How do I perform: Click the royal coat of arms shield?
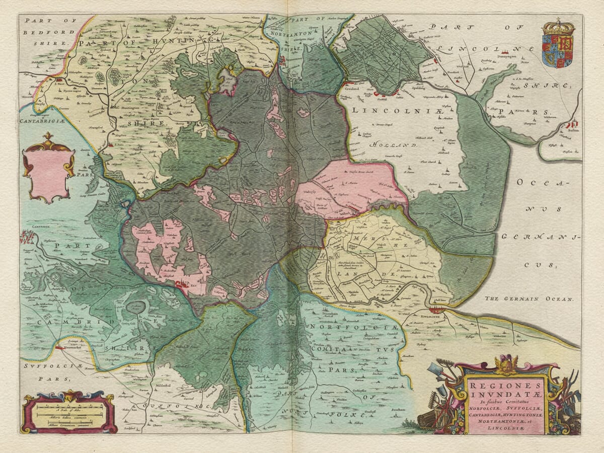pyautogui.click(x=558, y=51)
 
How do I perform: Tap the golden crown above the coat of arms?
pyautogui.click(x=558, y=26)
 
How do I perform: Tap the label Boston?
pyautogui.click(x=573, y=130)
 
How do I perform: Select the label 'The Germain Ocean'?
pyautogui.click(x=529, y=298)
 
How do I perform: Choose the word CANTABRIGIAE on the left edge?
pyautogui.click(x=43, y=121)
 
